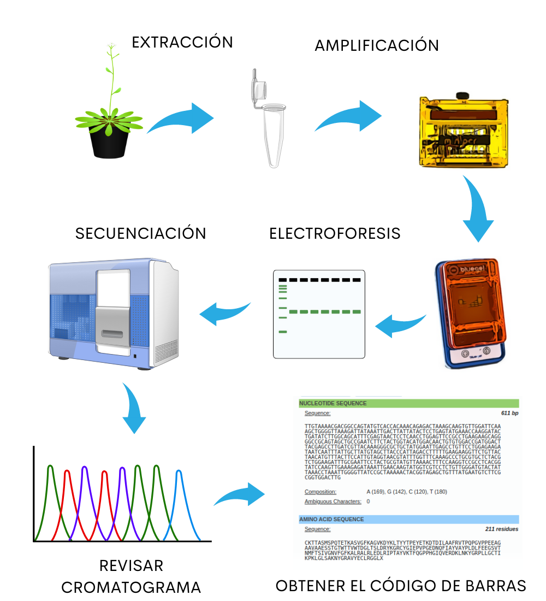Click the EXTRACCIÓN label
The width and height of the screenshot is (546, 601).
[182, 42]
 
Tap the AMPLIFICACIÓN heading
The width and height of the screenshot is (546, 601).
[377, 45]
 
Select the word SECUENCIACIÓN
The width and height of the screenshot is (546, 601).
[141, 233]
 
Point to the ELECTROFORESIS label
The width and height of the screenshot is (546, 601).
[335, 233]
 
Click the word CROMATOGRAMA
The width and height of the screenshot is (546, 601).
[131, 587]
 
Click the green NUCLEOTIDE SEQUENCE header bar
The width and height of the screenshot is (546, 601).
[408, 404]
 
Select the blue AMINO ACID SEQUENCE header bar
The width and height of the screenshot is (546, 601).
[408, 519]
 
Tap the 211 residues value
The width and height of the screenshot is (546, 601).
[502, 529]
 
